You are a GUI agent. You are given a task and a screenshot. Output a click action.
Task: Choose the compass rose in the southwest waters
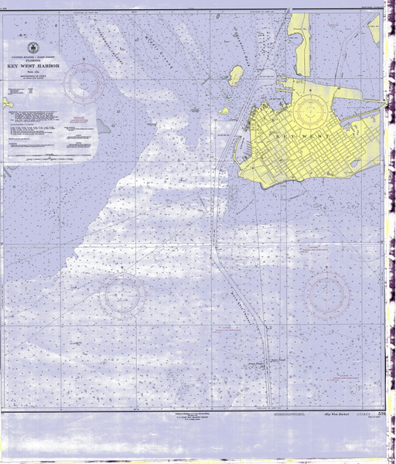point(125,295)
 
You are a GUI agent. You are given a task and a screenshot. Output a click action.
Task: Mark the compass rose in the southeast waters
point(328,292)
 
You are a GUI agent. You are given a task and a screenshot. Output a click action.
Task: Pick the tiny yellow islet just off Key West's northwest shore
point(224,111)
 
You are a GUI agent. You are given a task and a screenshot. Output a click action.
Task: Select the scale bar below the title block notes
point(46,160)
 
